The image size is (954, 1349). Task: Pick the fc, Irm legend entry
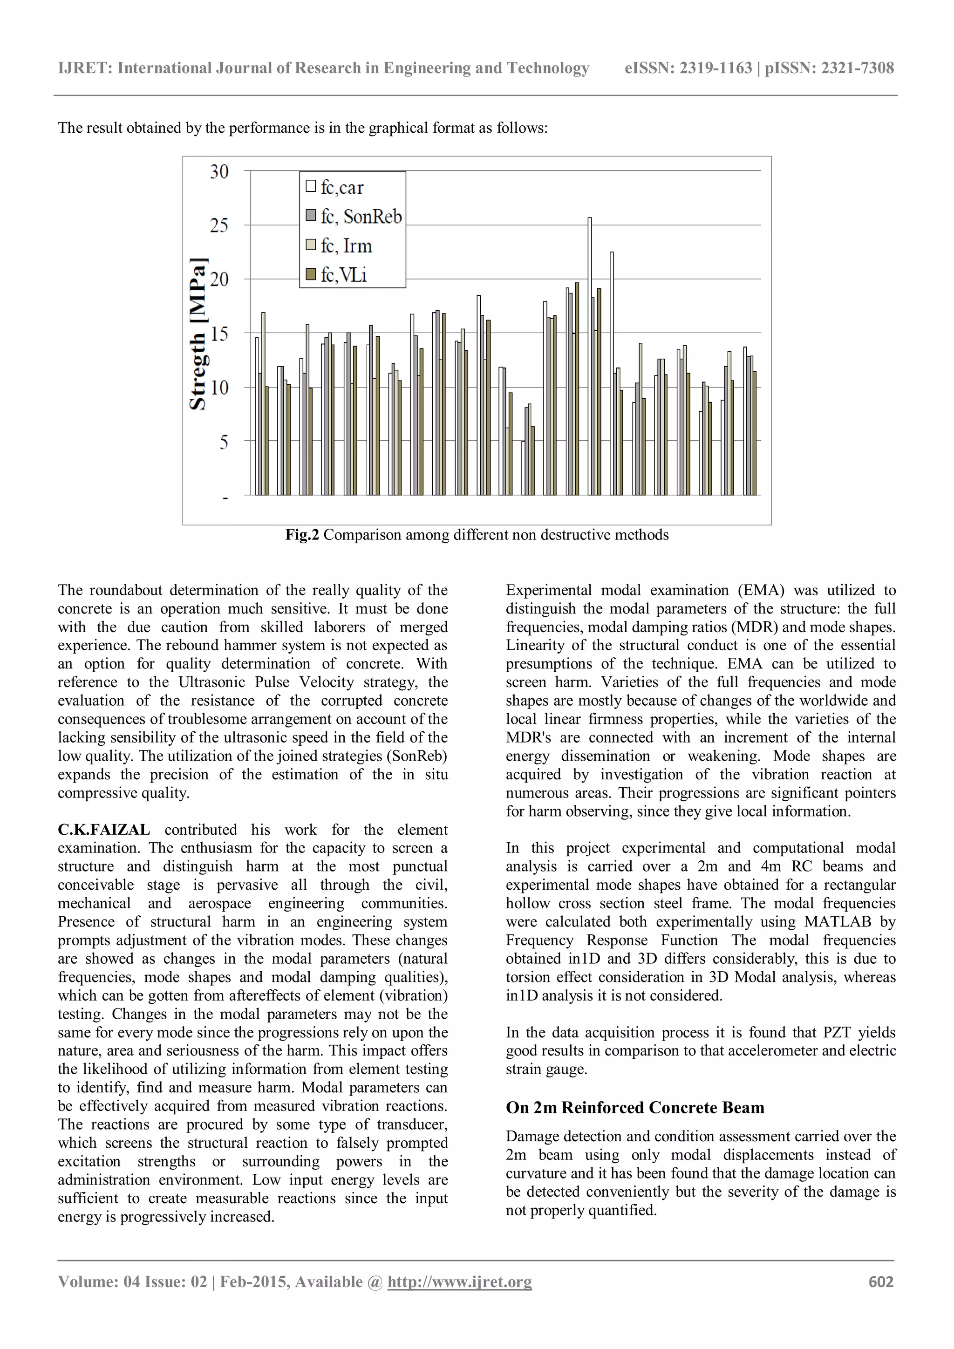pos(346,245)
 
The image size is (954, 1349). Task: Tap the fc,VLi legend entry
pos(343,274)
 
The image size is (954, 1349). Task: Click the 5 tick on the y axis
pos(224,442)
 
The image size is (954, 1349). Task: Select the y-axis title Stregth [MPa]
pos(198,334)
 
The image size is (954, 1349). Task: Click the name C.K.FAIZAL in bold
pos(104,830)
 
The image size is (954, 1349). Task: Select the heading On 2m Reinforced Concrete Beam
pos(635,1108)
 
